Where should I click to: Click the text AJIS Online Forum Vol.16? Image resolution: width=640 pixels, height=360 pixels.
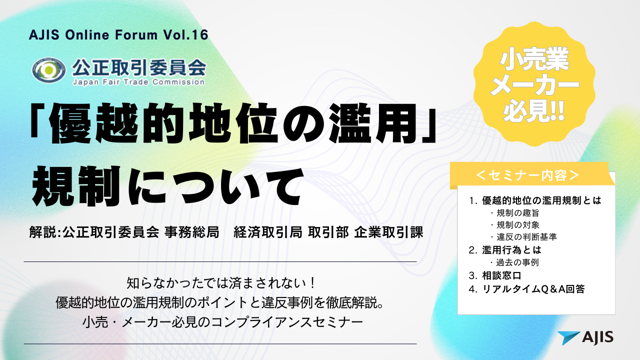[x=118, y=35]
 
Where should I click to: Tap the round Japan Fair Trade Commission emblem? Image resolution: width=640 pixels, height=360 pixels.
[x=48, y=70]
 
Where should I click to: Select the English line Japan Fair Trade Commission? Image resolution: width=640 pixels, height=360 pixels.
[x=138, y=81]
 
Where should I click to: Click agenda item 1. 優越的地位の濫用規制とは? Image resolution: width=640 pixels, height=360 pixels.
[x=535, y=201]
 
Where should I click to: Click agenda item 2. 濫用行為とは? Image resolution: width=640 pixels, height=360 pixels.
[x=505, y=249]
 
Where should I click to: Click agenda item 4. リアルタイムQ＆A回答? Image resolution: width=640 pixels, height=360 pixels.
[x=527, y=288]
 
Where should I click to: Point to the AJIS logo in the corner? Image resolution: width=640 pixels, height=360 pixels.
[x=585, y=337]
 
